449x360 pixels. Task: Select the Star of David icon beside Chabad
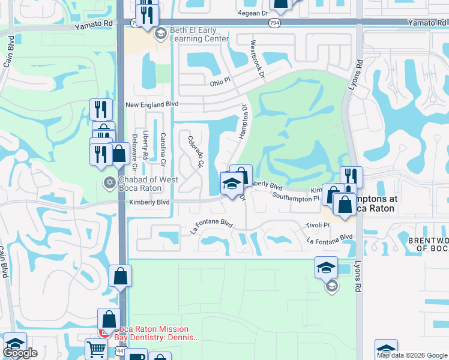(x=109, y=182)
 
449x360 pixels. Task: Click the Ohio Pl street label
(x=223, y=83)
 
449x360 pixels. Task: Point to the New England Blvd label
(x=152, y=104)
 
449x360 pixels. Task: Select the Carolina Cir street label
(x=163, y=148)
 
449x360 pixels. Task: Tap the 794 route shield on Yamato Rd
(x=274, y=23)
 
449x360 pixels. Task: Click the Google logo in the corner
(x=20, y=353)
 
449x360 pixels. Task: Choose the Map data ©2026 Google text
(x=412, y=355)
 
